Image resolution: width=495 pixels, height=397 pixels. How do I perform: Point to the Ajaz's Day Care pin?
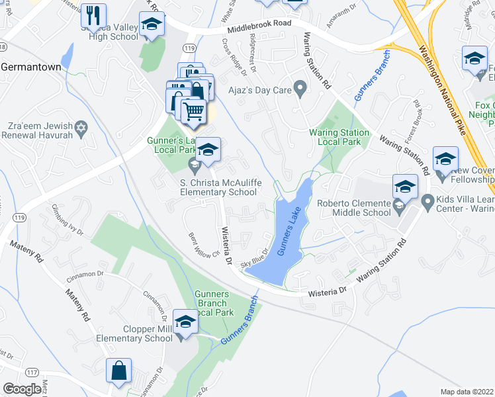pos(300,87)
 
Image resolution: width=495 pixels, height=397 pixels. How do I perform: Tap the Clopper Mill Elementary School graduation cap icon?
pos(186,322)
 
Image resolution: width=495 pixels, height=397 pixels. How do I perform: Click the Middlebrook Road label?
pos(259,30)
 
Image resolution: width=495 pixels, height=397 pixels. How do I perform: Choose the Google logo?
pos(22,389)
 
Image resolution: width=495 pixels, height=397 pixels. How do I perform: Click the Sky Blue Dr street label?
pos(255,259)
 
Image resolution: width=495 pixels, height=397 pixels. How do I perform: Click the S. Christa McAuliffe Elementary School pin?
pos(195,163)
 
